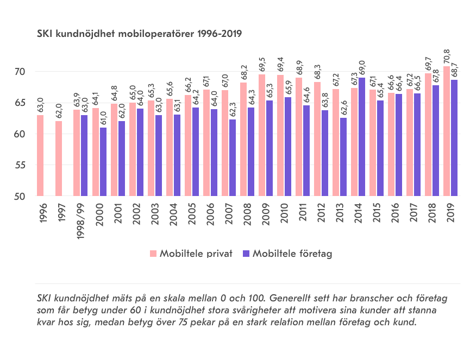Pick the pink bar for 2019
click(447, 131)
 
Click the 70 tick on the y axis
click(21, 72)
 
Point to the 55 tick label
click(21, 165)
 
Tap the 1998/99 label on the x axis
click(80, 220)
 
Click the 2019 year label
click(450, 213)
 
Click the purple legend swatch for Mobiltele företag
click(247, 254)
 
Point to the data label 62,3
click(233, 110)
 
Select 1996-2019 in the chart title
click(220, 34)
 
